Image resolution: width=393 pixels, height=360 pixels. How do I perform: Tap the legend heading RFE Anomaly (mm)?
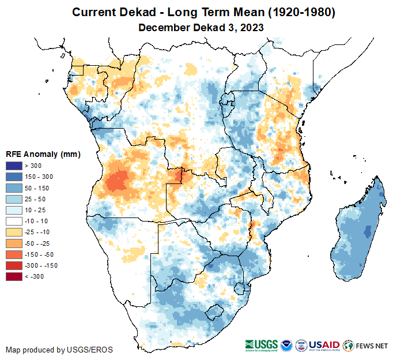click(43, 155)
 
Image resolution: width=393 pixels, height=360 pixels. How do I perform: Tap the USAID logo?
click(324, 345)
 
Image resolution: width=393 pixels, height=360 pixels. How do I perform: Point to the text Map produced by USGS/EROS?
click(59, 350)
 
